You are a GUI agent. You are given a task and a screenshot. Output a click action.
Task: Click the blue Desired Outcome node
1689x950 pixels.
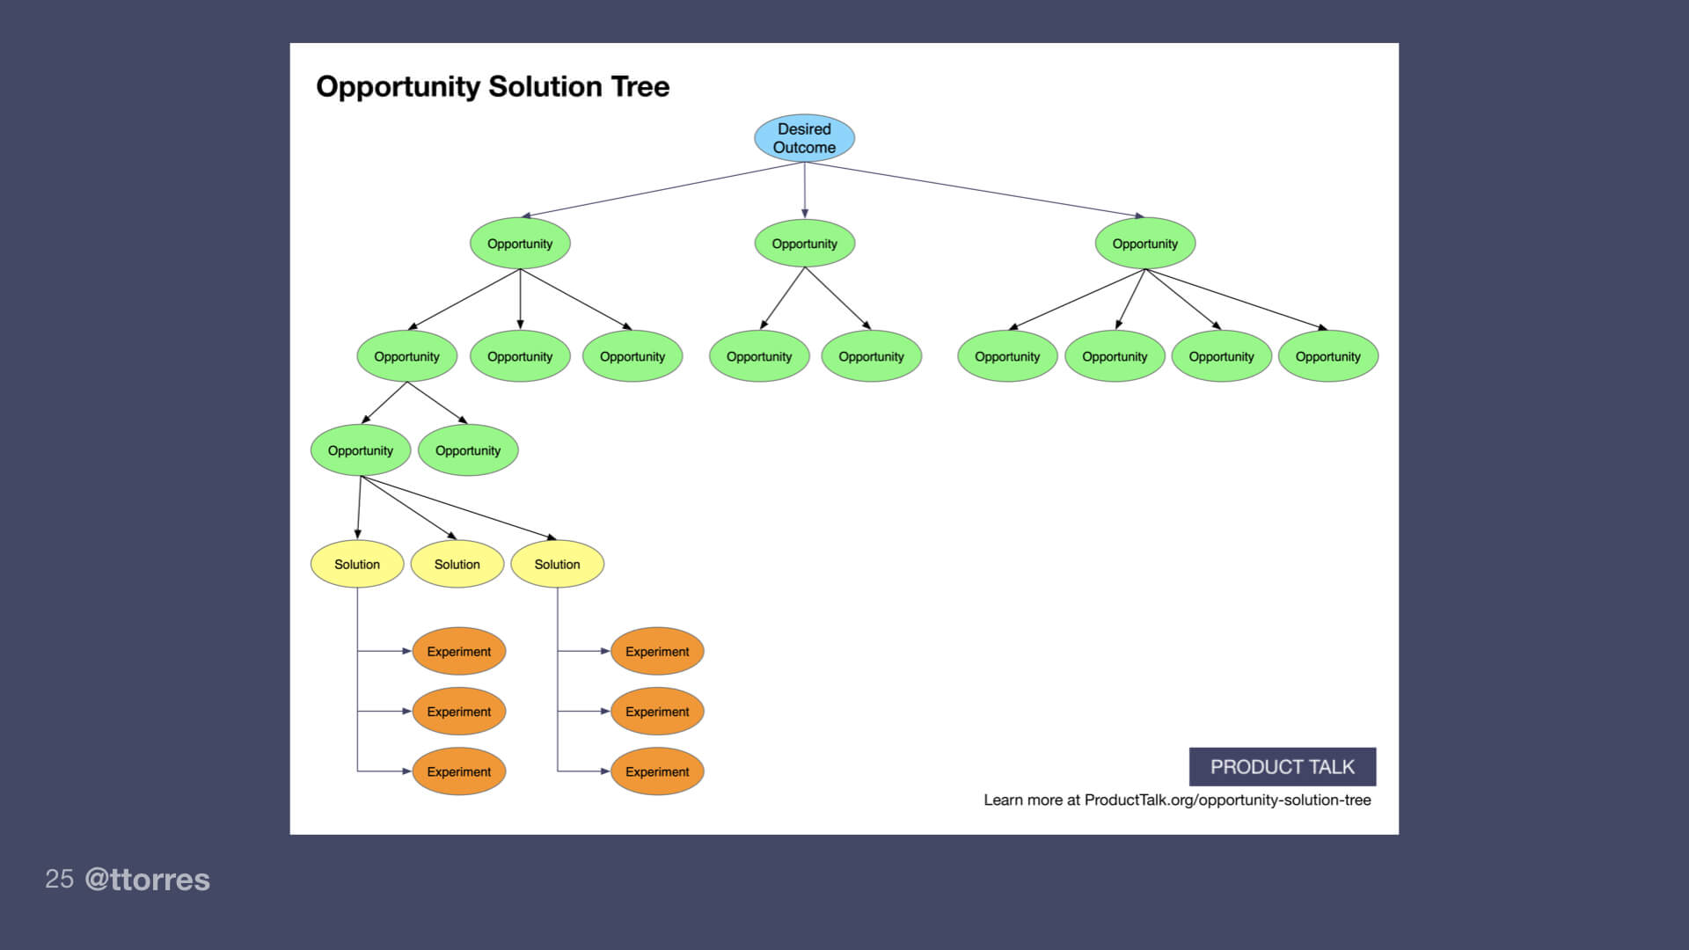pos(804,138)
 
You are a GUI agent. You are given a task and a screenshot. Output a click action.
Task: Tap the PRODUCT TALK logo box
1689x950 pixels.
pos(1282,767)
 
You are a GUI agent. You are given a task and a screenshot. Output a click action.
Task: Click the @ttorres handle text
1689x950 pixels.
pos(147,880)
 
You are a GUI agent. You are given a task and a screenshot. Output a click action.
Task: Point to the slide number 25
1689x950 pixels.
pos(59,879)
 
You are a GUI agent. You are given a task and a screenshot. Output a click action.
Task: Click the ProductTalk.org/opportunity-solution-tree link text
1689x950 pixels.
pos(1227,800)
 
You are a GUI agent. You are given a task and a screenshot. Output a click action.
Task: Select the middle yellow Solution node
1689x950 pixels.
pos(457,564)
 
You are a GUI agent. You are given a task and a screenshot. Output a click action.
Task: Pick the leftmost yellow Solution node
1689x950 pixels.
pos(357,564)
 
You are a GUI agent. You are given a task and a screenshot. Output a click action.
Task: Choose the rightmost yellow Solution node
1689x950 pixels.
pos(557,564)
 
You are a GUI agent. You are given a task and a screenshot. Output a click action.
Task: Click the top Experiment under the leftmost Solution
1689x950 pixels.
pos(458,652)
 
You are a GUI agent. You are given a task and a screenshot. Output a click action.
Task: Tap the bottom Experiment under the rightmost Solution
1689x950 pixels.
pos(657,771)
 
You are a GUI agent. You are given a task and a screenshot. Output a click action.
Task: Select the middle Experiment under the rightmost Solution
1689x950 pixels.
pos(657,712)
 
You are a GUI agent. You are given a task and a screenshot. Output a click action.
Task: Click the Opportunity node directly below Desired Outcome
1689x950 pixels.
pos(804,244)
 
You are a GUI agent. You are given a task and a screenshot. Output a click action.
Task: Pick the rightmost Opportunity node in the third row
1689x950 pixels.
pos(1327,356)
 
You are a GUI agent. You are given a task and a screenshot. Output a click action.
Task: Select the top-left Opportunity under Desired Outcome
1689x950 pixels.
pos(520,244)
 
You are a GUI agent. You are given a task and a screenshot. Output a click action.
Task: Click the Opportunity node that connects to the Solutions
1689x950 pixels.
pos(361,450)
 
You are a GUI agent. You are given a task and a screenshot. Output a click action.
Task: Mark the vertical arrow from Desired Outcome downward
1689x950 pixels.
pos(804,189)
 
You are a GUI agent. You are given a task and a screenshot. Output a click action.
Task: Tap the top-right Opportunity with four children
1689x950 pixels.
pos(1144,244)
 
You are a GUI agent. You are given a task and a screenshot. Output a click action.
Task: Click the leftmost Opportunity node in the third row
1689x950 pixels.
pos(406,356)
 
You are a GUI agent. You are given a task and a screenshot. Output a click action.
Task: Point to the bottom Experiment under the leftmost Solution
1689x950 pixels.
pos(458,771)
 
